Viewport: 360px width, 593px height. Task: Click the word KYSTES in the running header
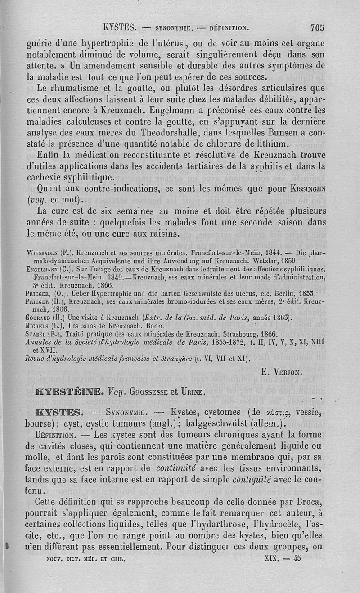click(x=119, y=27)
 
